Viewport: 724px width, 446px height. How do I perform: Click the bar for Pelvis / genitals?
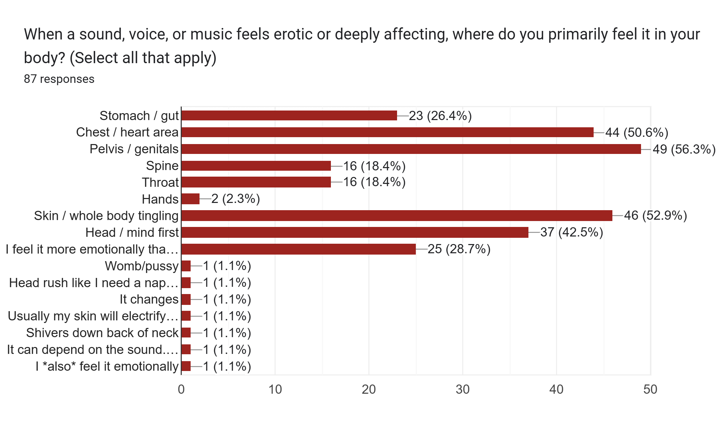click(411, 149)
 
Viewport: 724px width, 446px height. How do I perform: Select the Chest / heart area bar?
click(388, 132)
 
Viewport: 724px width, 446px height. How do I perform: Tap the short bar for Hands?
click(191, 199)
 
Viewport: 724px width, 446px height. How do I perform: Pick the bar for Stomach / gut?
click(289, 115)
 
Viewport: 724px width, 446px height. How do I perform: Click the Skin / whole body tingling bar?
click(397, 216)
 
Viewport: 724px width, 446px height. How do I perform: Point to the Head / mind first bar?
click(355, 232)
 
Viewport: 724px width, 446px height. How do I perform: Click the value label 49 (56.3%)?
click(684, 149)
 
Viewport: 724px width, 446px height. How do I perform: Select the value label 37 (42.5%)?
click(572, 232)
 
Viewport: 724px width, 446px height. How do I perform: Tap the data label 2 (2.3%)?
click(236, 199)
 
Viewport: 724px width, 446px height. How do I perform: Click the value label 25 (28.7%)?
click(459, 249)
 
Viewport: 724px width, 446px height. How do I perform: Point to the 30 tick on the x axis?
click(463, 389)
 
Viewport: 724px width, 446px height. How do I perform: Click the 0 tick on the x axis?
click(181, 389)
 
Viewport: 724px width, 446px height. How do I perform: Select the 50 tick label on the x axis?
click(650, 389)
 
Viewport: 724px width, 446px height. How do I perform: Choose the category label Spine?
click(162, 166)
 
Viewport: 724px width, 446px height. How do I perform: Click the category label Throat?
click(160, 182)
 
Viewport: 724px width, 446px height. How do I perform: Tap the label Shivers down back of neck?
click(102, 333)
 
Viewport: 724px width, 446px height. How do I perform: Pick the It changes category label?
click(149, 299)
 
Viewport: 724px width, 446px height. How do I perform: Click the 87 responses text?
click(59, 79)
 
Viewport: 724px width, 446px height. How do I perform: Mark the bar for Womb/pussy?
click(186, 266)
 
